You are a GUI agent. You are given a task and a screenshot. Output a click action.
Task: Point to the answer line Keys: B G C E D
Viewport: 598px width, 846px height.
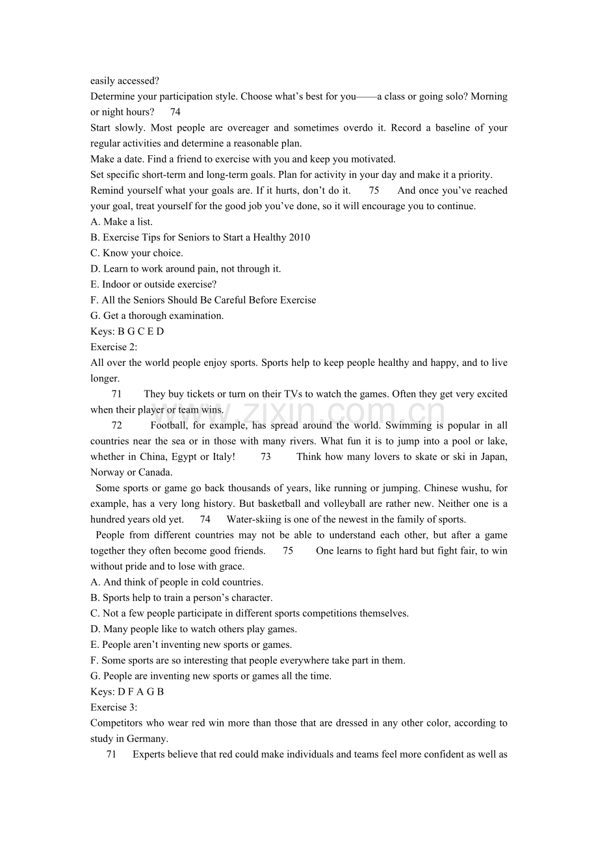(127, 331)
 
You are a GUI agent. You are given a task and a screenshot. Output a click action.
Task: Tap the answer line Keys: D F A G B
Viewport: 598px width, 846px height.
(127, 691)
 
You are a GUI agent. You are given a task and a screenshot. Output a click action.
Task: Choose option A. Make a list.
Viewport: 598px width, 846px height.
(122, 222)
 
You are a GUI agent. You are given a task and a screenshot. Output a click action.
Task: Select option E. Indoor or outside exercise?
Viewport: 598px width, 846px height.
(153, 284)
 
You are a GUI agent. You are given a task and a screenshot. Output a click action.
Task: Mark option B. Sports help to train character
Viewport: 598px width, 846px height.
(181, 598)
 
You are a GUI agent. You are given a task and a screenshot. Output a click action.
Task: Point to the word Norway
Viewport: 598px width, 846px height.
(107, 472)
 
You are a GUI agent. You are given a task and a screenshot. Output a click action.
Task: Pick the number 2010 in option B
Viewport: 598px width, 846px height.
(299, 237)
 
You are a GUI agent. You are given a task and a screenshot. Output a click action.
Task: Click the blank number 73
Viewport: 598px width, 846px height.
(265, 457)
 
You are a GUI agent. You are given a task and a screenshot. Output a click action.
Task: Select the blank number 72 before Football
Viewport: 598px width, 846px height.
(117, 426)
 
